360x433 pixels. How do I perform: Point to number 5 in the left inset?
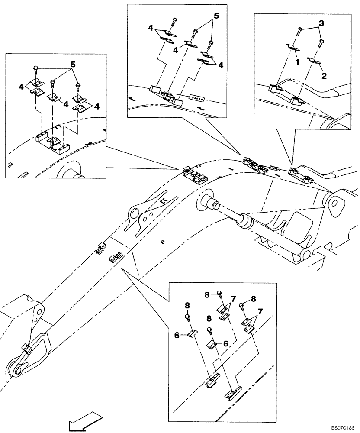coord(74,64)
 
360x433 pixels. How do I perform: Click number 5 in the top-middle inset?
coord(216,16)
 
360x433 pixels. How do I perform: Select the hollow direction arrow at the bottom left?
coord(85,422)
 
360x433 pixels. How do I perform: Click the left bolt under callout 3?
coord(299,31)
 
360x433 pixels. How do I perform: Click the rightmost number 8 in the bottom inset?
coord(253,298)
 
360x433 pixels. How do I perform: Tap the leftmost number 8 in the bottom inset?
coord(187,305)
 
